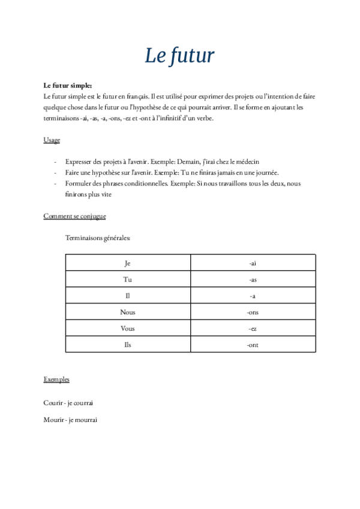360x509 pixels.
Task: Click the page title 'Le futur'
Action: click(x=179, y=55)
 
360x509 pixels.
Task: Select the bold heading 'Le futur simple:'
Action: click(x=67, y=86)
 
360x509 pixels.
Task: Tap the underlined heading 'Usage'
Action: click(x=52, y=140)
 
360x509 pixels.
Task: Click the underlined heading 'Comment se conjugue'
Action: click(x=75, y=216)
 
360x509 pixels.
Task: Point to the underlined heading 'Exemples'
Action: click(x=56, y=379)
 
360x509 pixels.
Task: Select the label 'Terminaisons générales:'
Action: click(x=97, y=238)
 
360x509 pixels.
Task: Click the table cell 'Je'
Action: click(x=127, y=263)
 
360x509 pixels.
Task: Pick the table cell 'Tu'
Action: click(x=127, y=279)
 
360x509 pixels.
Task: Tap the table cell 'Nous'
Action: click(x=127, y=312)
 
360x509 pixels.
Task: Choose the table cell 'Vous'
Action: click(x=127, y=328)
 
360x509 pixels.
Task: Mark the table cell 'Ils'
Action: click(x=127, y=345)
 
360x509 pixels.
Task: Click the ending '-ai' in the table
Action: click(x=253, y=263)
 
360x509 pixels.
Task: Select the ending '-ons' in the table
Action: click(x=253, y=312)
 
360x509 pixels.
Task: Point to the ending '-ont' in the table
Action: click(x=253, y=345)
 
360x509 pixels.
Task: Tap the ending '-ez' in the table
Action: click(x=253, y=328)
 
